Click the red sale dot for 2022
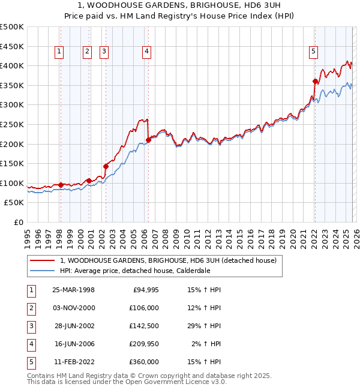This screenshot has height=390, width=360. coord(315,81)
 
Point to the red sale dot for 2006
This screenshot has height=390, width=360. coord(148,140)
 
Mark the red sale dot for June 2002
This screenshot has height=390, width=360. coord(106,166)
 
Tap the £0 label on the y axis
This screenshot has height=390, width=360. coord(19,222)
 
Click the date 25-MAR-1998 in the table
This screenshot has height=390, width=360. coord(73,290)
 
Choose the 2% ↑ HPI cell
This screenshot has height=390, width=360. coord(207,344)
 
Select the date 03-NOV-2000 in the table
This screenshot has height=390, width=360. coord(73,308)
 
